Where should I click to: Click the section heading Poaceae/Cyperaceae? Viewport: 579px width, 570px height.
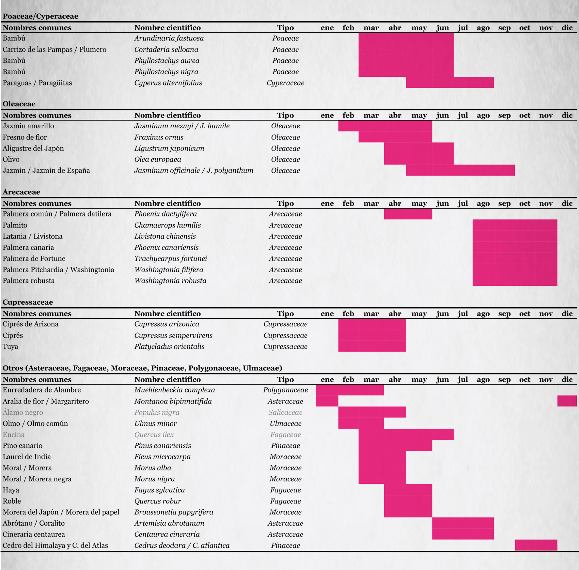pyautogui.click(x=40, y=16)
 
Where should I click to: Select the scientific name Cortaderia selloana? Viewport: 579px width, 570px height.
pyautogui.click(x=166, y=50)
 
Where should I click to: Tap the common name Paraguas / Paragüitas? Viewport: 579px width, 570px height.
pyautogui.click(x=37, y=83)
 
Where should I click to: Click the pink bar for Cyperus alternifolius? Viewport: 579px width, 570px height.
pyautogui.click(x=450, y=83)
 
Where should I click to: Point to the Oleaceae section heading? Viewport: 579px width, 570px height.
pyautogui.click(x=19, y=104)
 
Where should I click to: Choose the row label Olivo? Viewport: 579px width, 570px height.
pyautogui.click(x=11, y=159)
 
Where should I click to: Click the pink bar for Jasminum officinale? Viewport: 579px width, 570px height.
pyautogui.click(x=460, y=170)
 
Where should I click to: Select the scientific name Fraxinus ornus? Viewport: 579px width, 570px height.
pyautogui.click(x=159, y=137)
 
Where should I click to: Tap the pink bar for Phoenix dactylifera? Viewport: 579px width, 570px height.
pyautogui.click(x=408, y=214)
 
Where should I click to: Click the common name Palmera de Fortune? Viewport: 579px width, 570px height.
pyautogui.click(x=34, y=259)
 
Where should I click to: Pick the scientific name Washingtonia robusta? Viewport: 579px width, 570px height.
pyautogui.click(x=170, y=281)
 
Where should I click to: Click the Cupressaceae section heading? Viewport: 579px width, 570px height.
pyautogui.click(x=28, y=302)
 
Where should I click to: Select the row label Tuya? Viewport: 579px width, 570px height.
pyautogui.click(x=10, y=347)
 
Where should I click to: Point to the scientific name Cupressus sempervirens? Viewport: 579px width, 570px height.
pyautogui.click(x=173, y=336)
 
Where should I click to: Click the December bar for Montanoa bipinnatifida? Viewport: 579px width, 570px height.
pyautogui.click(x=567, y=401)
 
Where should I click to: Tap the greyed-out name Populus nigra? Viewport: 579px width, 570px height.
pyautogui.click(x=157, y=413)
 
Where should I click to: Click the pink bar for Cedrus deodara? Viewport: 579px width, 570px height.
pyautogui.click(x=536, y=545)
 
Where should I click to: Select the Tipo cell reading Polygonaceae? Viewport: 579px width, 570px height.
pyautogui.click(x=285, y=390)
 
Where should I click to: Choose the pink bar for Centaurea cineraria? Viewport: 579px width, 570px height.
pyautogui.click(x=463, y=534)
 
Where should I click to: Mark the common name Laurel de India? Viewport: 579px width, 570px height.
pyautogui.click(x=27, y=457)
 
